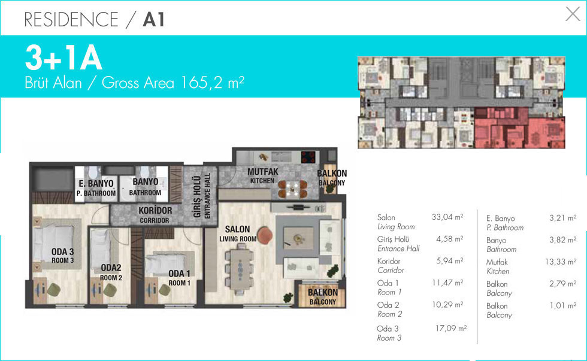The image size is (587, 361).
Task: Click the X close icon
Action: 573,14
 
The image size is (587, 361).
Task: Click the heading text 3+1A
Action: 63,58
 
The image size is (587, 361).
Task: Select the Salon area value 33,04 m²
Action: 447,217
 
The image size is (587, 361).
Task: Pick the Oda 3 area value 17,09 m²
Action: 451,328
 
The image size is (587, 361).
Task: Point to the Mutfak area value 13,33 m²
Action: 561,262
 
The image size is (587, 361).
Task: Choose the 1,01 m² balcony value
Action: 562,305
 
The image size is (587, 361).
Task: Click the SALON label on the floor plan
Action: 237,229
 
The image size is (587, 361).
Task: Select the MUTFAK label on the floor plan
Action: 263,172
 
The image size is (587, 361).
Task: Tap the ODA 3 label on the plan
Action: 63,252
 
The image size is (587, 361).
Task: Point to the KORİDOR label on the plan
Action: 155,210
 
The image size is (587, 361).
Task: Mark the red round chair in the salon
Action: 265,236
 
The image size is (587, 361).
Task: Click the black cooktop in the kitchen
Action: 308,157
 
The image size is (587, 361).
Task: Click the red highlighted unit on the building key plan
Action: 520,128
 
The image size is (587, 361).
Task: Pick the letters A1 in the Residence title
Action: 153,20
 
